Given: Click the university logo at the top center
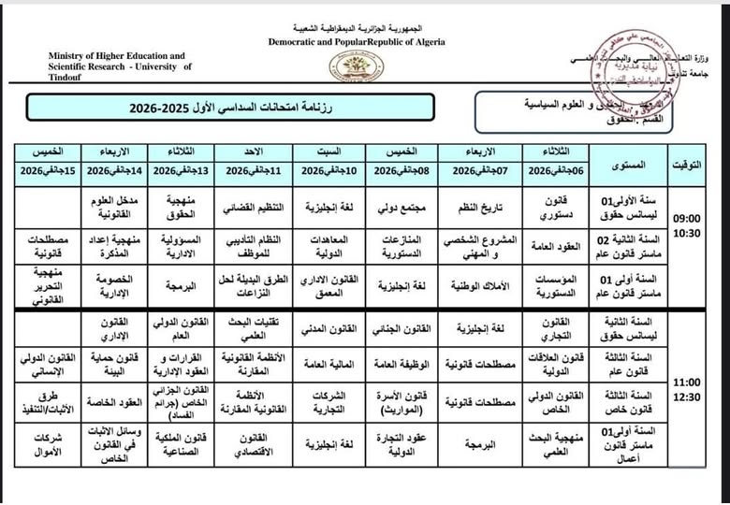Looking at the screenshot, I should (x=355, y=66).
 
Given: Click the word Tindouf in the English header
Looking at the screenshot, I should (x=70, y=78).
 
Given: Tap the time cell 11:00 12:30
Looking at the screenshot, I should (x=687, y=392).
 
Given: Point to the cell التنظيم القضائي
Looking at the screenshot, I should (x=250, y=205).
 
